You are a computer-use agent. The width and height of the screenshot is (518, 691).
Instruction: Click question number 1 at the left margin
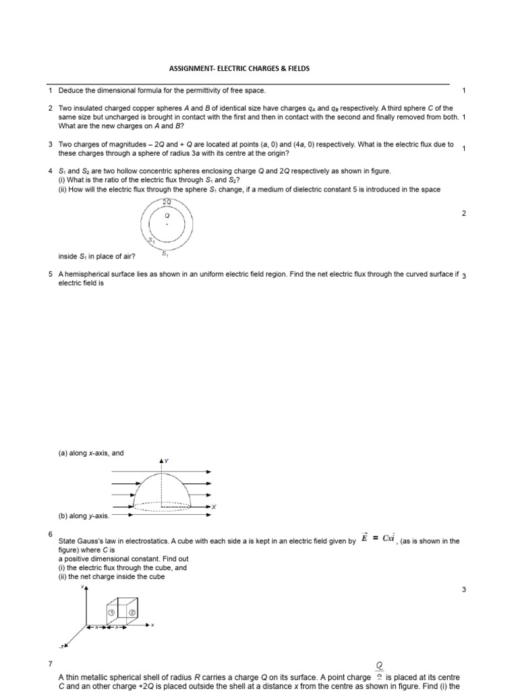[51, 90]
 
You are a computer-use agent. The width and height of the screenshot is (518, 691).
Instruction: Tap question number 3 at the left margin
[51, 144]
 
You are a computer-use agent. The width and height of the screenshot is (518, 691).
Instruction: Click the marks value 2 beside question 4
[463, 213]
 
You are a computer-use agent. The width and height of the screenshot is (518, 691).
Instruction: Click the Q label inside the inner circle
[167, 216]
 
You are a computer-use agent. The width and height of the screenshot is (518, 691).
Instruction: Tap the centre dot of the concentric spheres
[167, 225]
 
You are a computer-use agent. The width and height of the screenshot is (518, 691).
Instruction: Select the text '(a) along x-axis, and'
[91, 453]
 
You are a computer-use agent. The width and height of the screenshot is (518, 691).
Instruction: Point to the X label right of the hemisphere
[214, 507]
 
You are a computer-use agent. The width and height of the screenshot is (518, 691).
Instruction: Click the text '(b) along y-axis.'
[84, 516]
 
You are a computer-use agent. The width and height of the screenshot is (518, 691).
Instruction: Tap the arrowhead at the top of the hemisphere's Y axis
[161, 460]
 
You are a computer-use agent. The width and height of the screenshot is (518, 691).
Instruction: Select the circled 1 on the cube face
[111, 612]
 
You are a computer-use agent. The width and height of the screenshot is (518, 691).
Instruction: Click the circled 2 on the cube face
[132, 612]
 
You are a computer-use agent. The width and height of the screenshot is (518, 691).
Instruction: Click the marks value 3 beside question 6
[463, 590]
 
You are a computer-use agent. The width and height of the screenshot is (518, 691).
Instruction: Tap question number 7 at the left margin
[51, 665]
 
